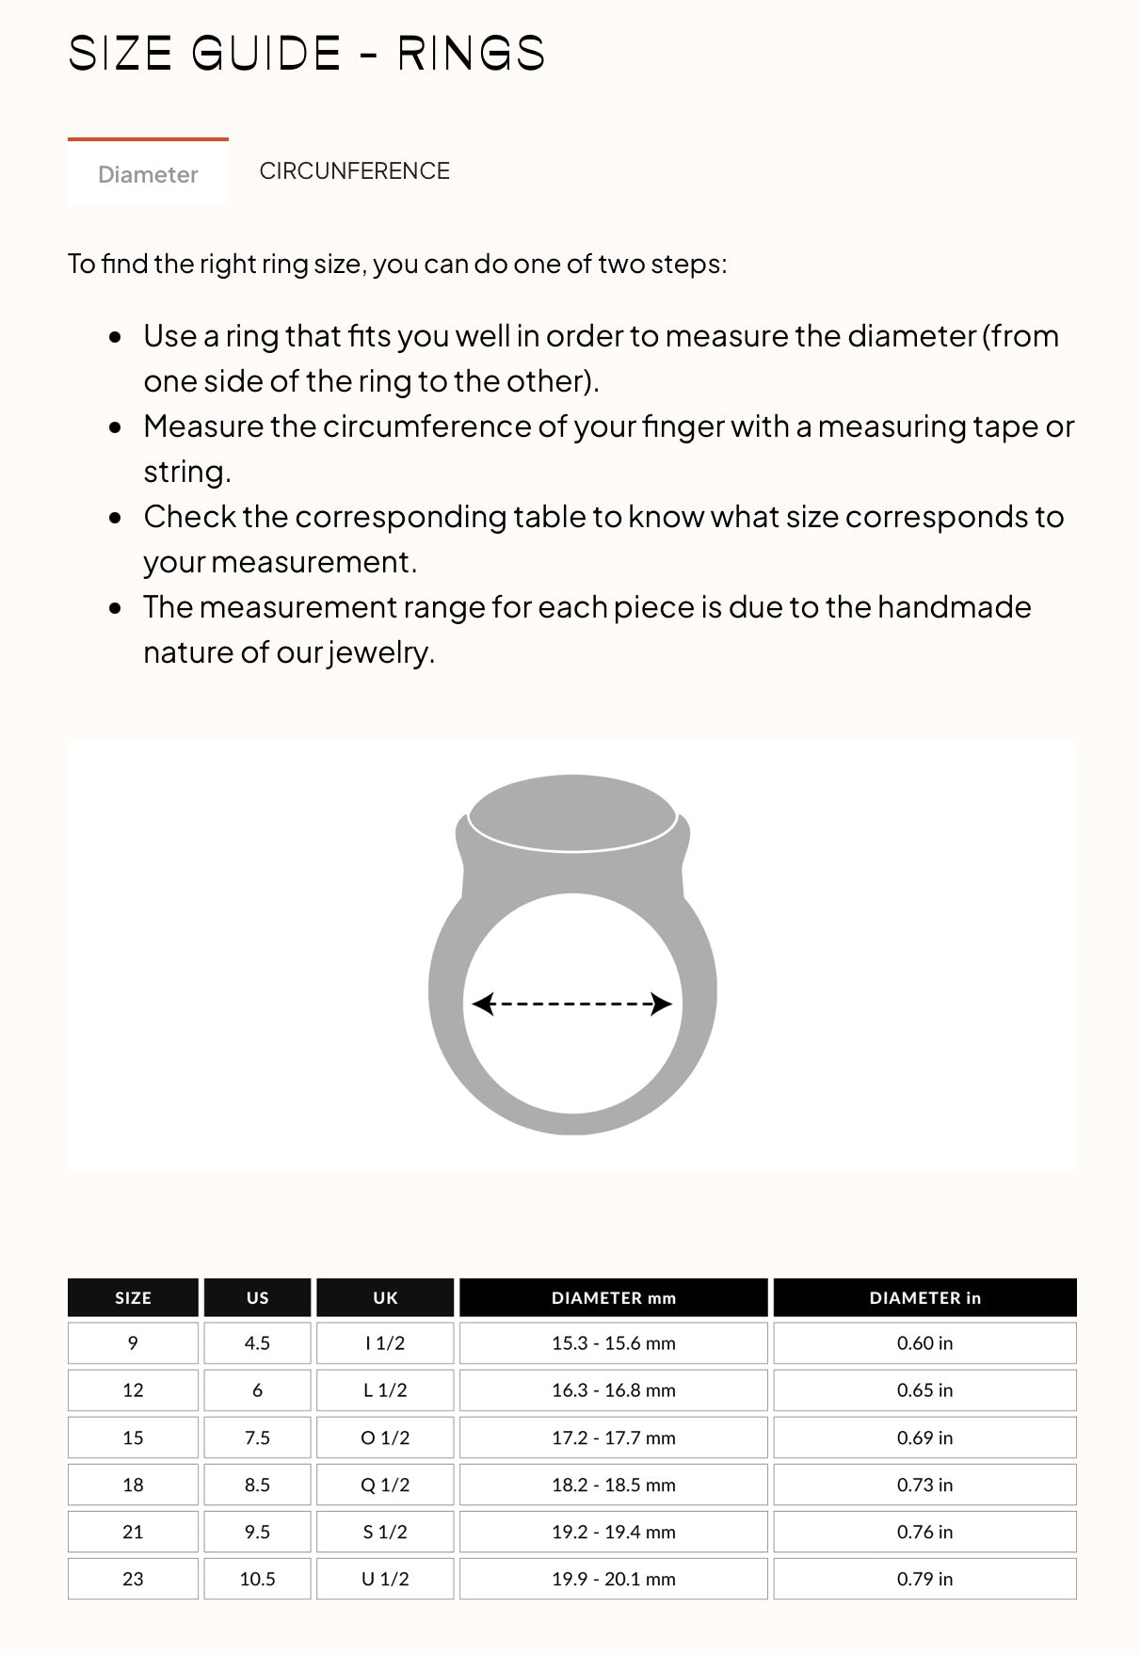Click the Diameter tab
tap(148, 174)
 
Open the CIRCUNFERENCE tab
tap(354, 170)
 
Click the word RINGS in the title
tap(471, 54)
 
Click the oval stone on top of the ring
tap(572, 812)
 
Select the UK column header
tap(385, 1297)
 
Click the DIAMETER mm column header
tap(613, 1297)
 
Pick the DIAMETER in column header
tap(924, 1297)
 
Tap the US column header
tap(257, 1297)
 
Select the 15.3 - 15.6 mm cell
tap(613, 1343)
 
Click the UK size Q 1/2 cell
tap(385, 1485)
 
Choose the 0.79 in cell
tap(924, 1579)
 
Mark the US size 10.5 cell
tap(257, 1579)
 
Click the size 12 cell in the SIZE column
tap(133, 1390)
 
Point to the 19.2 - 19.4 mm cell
tap(613, 1532)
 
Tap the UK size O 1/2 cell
tap(385, 1438)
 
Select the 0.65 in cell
tap(924, 1390)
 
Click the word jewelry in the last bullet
tap(380, 652)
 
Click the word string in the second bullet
tap(185, 472)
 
